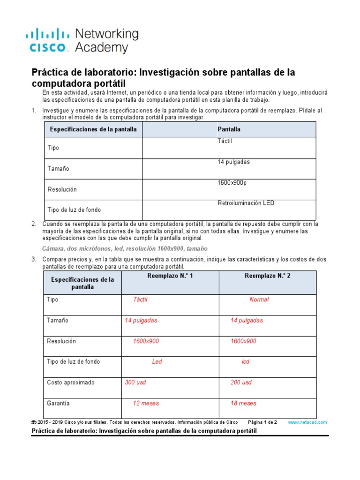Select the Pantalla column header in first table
pos(229,129)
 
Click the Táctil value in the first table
pos(225,141)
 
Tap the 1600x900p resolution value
pos(232,182)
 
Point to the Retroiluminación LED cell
pos(246,203)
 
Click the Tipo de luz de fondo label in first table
pos(74,210)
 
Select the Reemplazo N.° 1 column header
pos(170,276)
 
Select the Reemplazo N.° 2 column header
pos(268,276)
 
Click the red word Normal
pos(259,300)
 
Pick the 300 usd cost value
pos(135,382)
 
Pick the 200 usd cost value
pos(241,382)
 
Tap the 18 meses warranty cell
pos(243,403)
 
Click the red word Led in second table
pos(157,362)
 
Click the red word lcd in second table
pos(246,362)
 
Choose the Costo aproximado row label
pos(71,382)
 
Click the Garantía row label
pos(59,403)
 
